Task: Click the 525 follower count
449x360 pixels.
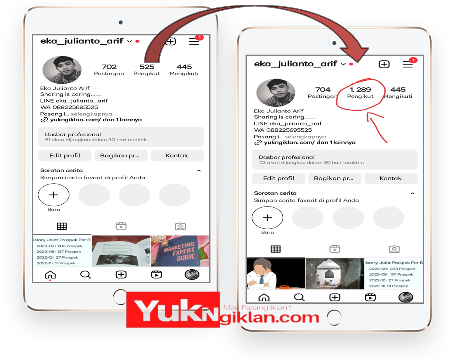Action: (147, 67)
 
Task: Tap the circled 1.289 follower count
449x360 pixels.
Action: (360, 90)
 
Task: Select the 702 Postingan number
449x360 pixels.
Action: (109, 67)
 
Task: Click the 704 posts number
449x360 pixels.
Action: (323, 90)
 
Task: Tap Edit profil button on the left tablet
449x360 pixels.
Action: (65, 156)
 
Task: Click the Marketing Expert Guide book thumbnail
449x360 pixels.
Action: (180, 251)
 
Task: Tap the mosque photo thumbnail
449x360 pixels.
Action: (335, 274)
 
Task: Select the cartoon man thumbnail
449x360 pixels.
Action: (276, 274)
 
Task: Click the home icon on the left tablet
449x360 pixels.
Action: (50, 275)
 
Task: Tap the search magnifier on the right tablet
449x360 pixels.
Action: (299, 297)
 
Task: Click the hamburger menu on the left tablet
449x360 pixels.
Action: (194, 41)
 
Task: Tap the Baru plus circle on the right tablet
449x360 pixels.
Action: (267, 218)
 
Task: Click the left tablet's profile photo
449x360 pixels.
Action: (62, 70)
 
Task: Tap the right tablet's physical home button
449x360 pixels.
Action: (334, 318)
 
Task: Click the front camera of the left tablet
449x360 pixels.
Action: (121, 22)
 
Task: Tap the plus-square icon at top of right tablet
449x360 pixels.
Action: (384, 64)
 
